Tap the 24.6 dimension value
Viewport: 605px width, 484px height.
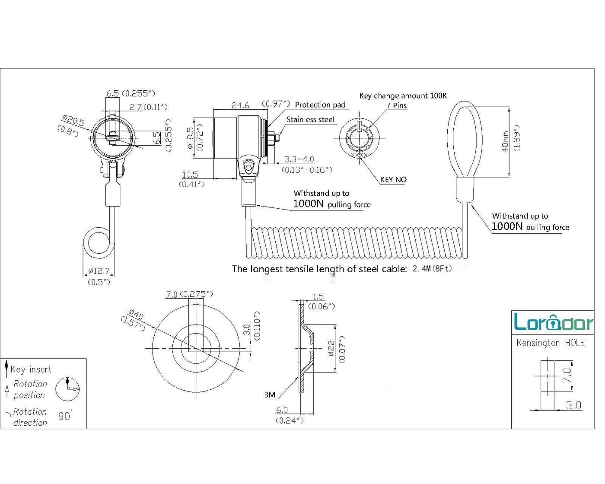click(240, 105)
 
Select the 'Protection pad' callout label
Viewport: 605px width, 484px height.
click(320, 105)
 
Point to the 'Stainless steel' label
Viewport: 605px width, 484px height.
click(310, 120)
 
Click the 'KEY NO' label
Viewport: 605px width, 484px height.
click(393, 180)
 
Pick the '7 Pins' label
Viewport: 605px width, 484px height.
click(396, 105)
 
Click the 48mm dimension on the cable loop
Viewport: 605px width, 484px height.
click(505, 141)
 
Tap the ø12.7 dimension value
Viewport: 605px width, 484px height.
click(99, 271)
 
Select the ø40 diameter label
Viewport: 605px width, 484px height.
click(136, 314)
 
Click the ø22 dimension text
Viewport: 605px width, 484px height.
click(331, 348)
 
